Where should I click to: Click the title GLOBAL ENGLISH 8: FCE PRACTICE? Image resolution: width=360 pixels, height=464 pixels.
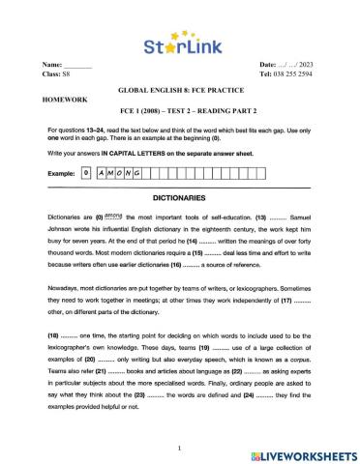click(179, 87)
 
